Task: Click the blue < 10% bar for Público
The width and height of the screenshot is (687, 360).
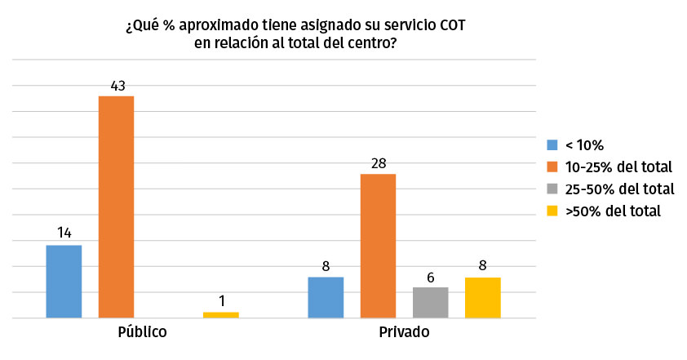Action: coord(64,281)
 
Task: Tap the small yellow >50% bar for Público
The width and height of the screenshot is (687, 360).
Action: coord(220,314)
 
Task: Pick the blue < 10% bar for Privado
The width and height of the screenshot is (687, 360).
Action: coord(326,297)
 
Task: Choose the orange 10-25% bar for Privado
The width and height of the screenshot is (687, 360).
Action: coord(378,246)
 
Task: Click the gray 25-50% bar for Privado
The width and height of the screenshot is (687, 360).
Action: coord(430,302)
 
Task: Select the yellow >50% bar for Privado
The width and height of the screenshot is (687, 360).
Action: coord(482,297)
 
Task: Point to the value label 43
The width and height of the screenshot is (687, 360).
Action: coord(116,84)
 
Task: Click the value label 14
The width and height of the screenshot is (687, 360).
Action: coord(64,233)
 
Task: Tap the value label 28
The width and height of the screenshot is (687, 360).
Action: coord(378,162)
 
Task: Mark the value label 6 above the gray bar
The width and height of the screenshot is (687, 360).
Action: coord(430,276)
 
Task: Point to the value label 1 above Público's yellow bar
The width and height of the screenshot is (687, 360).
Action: coord(220,300)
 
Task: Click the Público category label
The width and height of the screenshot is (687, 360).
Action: coord(142,333)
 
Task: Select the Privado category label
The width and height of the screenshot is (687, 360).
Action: coord(404,333)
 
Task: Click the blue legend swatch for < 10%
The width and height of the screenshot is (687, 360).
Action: coord(552,146)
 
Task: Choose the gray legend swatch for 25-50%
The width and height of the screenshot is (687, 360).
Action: coord(552,189)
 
